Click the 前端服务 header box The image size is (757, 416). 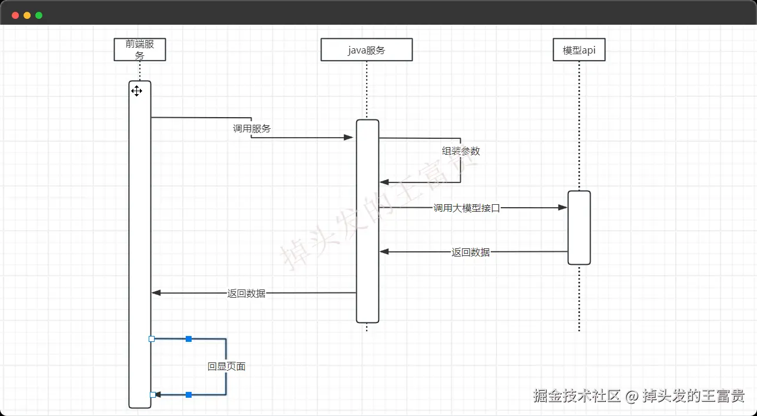pos(139,49)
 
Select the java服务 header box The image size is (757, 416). pos(367,49)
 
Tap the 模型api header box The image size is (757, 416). pos(579,49)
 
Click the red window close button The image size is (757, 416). pos(15,15)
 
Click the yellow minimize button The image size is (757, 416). pos(27,15)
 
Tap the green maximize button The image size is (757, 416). pos(39,15)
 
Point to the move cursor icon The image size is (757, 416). pos(136,91)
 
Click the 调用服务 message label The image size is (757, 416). pos(252,128)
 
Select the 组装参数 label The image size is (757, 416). pos(461,151)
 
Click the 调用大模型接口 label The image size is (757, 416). pos(467,208)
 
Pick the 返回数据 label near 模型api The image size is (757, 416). pos(470,252)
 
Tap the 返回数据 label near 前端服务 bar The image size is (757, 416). pos(246,293)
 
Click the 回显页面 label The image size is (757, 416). pos(226,367)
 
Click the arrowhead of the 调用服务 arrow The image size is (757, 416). pos(349,137)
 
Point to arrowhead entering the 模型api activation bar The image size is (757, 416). pos(562,207)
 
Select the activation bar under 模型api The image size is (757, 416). pos(580,228)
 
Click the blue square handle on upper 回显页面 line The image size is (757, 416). pos(189,339)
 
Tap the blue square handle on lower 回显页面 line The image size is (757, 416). pos(189,395)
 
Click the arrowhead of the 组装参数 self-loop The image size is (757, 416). pos(384,182)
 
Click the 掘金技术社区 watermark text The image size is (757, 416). pos(577,396)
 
